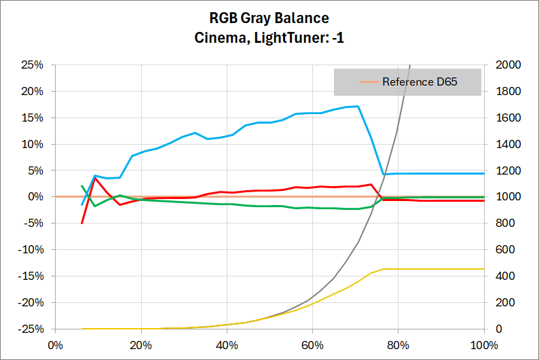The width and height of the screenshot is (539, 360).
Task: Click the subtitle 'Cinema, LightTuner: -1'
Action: (269, 38)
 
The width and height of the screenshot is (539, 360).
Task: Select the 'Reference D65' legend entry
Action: (420, 82)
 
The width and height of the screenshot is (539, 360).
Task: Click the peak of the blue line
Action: (358, 106)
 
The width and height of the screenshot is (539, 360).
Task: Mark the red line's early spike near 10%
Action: (95, 179)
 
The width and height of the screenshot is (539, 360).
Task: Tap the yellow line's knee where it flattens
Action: (384, 269)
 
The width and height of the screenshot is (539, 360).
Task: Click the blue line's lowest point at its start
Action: (82, 204)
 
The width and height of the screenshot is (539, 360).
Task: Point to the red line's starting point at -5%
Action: (82, 223)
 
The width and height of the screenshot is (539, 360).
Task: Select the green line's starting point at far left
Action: (82, 185)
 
